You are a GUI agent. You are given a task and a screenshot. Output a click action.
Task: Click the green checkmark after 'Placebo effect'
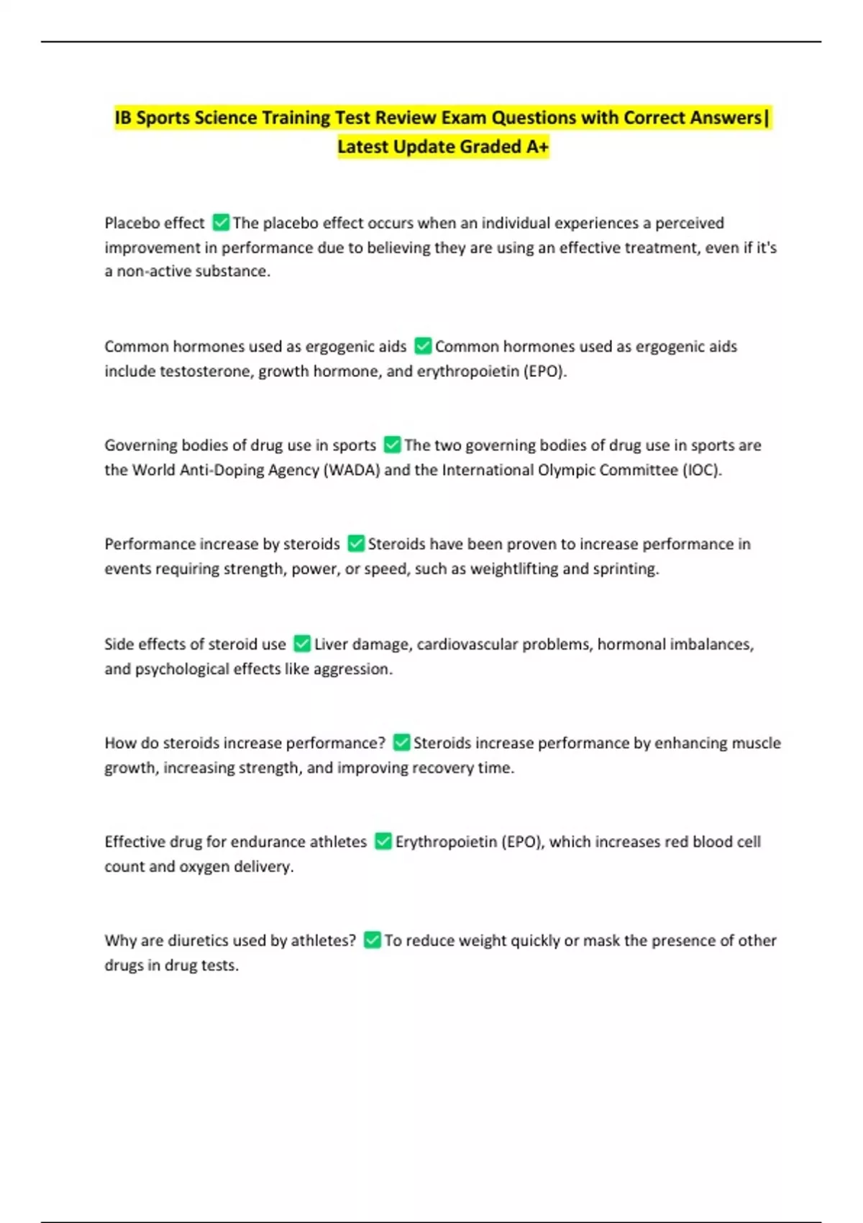click(x=221, y=223)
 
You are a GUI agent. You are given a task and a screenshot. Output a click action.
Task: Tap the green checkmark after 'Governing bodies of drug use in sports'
click(x=392, y=445)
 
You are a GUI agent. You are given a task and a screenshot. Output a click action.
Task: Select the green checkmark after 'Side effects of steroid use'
click(x=302, y=643)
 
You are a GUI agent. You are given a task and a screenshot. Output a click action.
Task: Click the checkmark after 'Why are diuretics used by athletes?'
click(x=372, y=940)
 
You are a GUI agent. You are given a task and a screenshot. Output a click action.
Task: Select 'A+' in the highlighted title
click(x=537, y=147)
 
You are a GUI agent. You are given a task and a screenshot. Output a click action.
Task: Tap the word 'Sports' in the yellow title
click(x=163, y=117)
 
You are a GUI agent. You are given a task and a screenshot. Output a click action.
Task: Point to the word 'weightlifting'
click(x=513, y=568)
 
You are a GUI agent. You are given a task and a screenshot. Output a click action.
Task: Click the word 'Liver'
click(x=331, y=644)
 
